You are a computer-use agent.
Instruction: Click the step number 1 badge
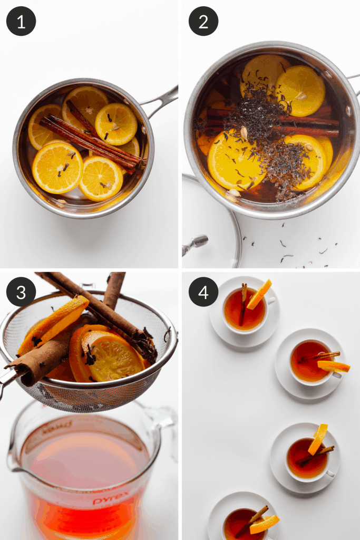21,21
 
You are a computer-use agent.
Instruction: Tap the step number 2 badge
203,21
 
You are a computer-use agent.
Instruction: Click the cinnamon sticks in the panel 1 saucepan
90,138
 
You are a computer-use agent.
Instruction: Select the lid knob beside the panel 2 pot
195,244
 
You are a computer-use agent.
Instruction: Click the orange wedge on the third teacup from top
318,439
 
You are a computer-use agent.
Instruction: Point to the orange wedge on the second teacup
333,366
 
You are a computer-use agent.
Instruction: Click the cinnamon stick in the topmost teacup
244,303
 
